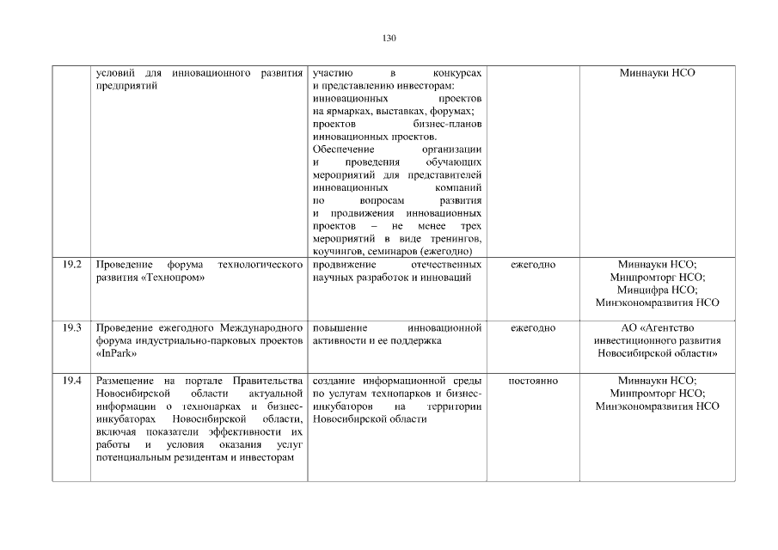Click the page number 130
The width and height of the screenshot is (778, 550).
pyautogui.click(x=389, y=38)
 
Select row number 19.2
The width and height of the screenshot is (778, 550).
pyautogui.click(x=72, y=264)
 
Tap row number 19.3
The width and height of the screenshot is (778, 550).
pyautogui.click(x=72, y=328)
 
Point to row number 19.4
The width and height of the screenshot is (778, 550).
pyautogui.click(x=72, y=380)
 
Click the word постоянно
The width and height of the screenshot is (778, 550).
pyautogui.click(x=533, y=380)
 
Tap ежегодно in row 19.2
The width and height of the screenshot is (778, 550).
pyautogui.click(x=533, y=264)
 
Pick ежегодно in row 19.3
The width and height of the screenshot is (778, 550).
pyautogui.click(x=533, y=328)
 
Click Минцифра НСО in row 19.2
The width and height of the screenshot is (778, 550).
pyautogui.click(x=657, y=290)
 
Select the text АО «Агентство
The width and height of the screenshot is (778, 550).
pyautogui.click(x=657, y=328)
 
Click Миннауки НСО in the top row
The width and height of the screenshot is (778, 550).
pyautogui.click(x=657, y=73)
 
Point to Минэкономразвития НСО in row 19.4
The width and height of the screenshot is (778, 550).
pyautogui.click(x=657, y=406)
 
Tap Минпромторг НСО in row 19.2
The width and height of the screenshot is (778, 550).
pyautogui.click(x=657, y=277)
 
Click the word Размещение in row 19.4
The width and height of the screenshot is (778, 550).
pyautogui.click(x=122, y=380)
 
